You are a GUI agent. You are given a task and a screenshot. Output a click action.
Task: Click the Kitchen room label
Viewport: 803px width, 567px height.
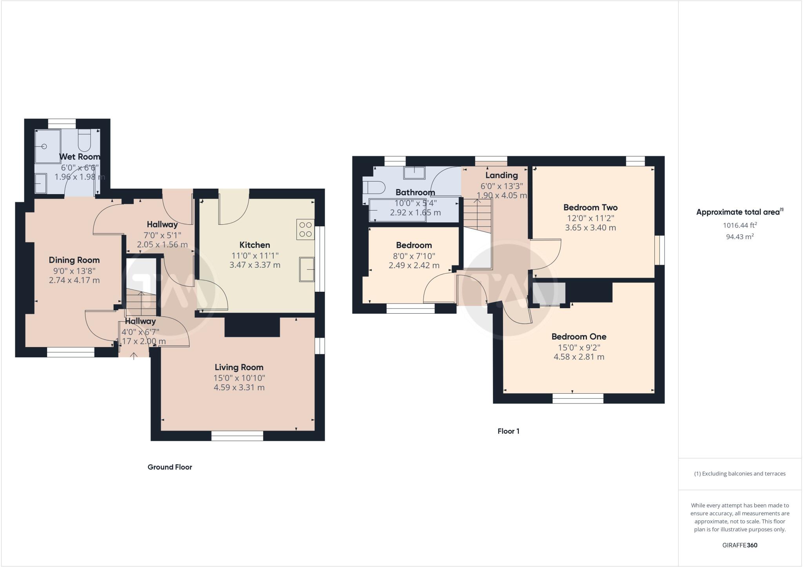click(x=254, y=245)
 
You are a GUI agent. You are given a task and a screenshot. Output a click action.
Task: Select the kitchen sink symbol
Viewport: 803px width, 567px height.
click(x=307, y=269)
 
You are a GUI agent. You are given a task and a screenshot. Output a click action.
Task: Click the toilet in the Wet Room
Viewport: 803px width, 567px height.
click(x=84, y=141)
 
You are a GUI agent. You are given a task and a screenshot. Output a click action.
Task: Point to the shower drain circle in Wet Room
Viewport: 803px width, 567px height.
click(x=44, y=146)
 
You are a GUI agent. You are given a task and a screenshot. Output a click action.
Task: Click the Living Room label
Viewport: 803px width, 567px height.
click(x=239, y=367)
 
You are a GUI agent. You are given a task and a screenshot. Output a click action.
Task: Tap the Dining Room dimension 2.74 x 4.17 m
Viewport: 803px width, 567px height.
click(x=74, y=280)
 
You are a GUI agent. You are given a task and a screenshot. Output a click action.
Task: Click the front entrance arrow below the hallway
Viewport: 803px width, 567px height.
click(x=134, y=356)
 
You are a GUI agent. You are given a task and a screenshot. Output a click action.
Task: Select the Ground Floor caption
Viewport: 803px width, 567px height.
click(x=170, y=467)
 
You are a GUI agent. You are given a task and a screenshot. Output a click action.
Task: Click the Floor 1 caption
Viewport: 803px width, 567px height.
click(x=508, y=431)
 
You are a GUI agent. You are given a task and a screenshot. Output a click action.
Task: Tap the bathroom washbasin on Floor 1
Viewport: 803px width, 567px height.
click(x=414, y=173)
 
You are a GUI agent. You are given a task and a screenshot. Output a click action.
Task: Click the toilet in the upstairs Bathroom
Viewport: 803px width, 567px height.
click(x=373, y=188)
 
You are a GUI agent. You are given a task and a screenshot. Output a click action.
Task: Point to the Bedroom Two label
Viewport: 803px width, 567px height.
click(x=590, y=207)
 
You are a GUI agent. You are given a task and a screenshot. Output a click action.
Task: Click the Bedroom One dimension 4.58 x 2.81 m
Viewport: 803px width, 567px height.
click(x=579, y=357)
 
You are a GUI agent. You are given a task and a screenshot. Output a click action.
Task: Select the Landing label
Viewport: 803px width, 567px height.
click(x=501, y=175)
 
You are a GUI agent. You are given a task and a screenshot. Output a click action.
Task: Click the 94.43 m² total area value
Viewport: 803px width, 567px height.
click(x=739, y=237)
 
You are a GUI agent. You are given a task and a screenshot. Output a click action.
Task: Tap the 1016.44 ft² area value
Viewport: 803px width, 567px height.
click(x=739, y=225)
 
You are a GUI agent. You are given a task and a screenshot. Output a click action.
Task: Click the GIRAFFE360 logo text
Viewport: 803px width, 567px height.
click(x=739, y=545)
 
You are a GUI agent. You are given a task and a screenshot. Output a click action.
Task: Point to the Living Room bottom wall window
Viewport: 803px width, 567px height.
click(x=237, y=436)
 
